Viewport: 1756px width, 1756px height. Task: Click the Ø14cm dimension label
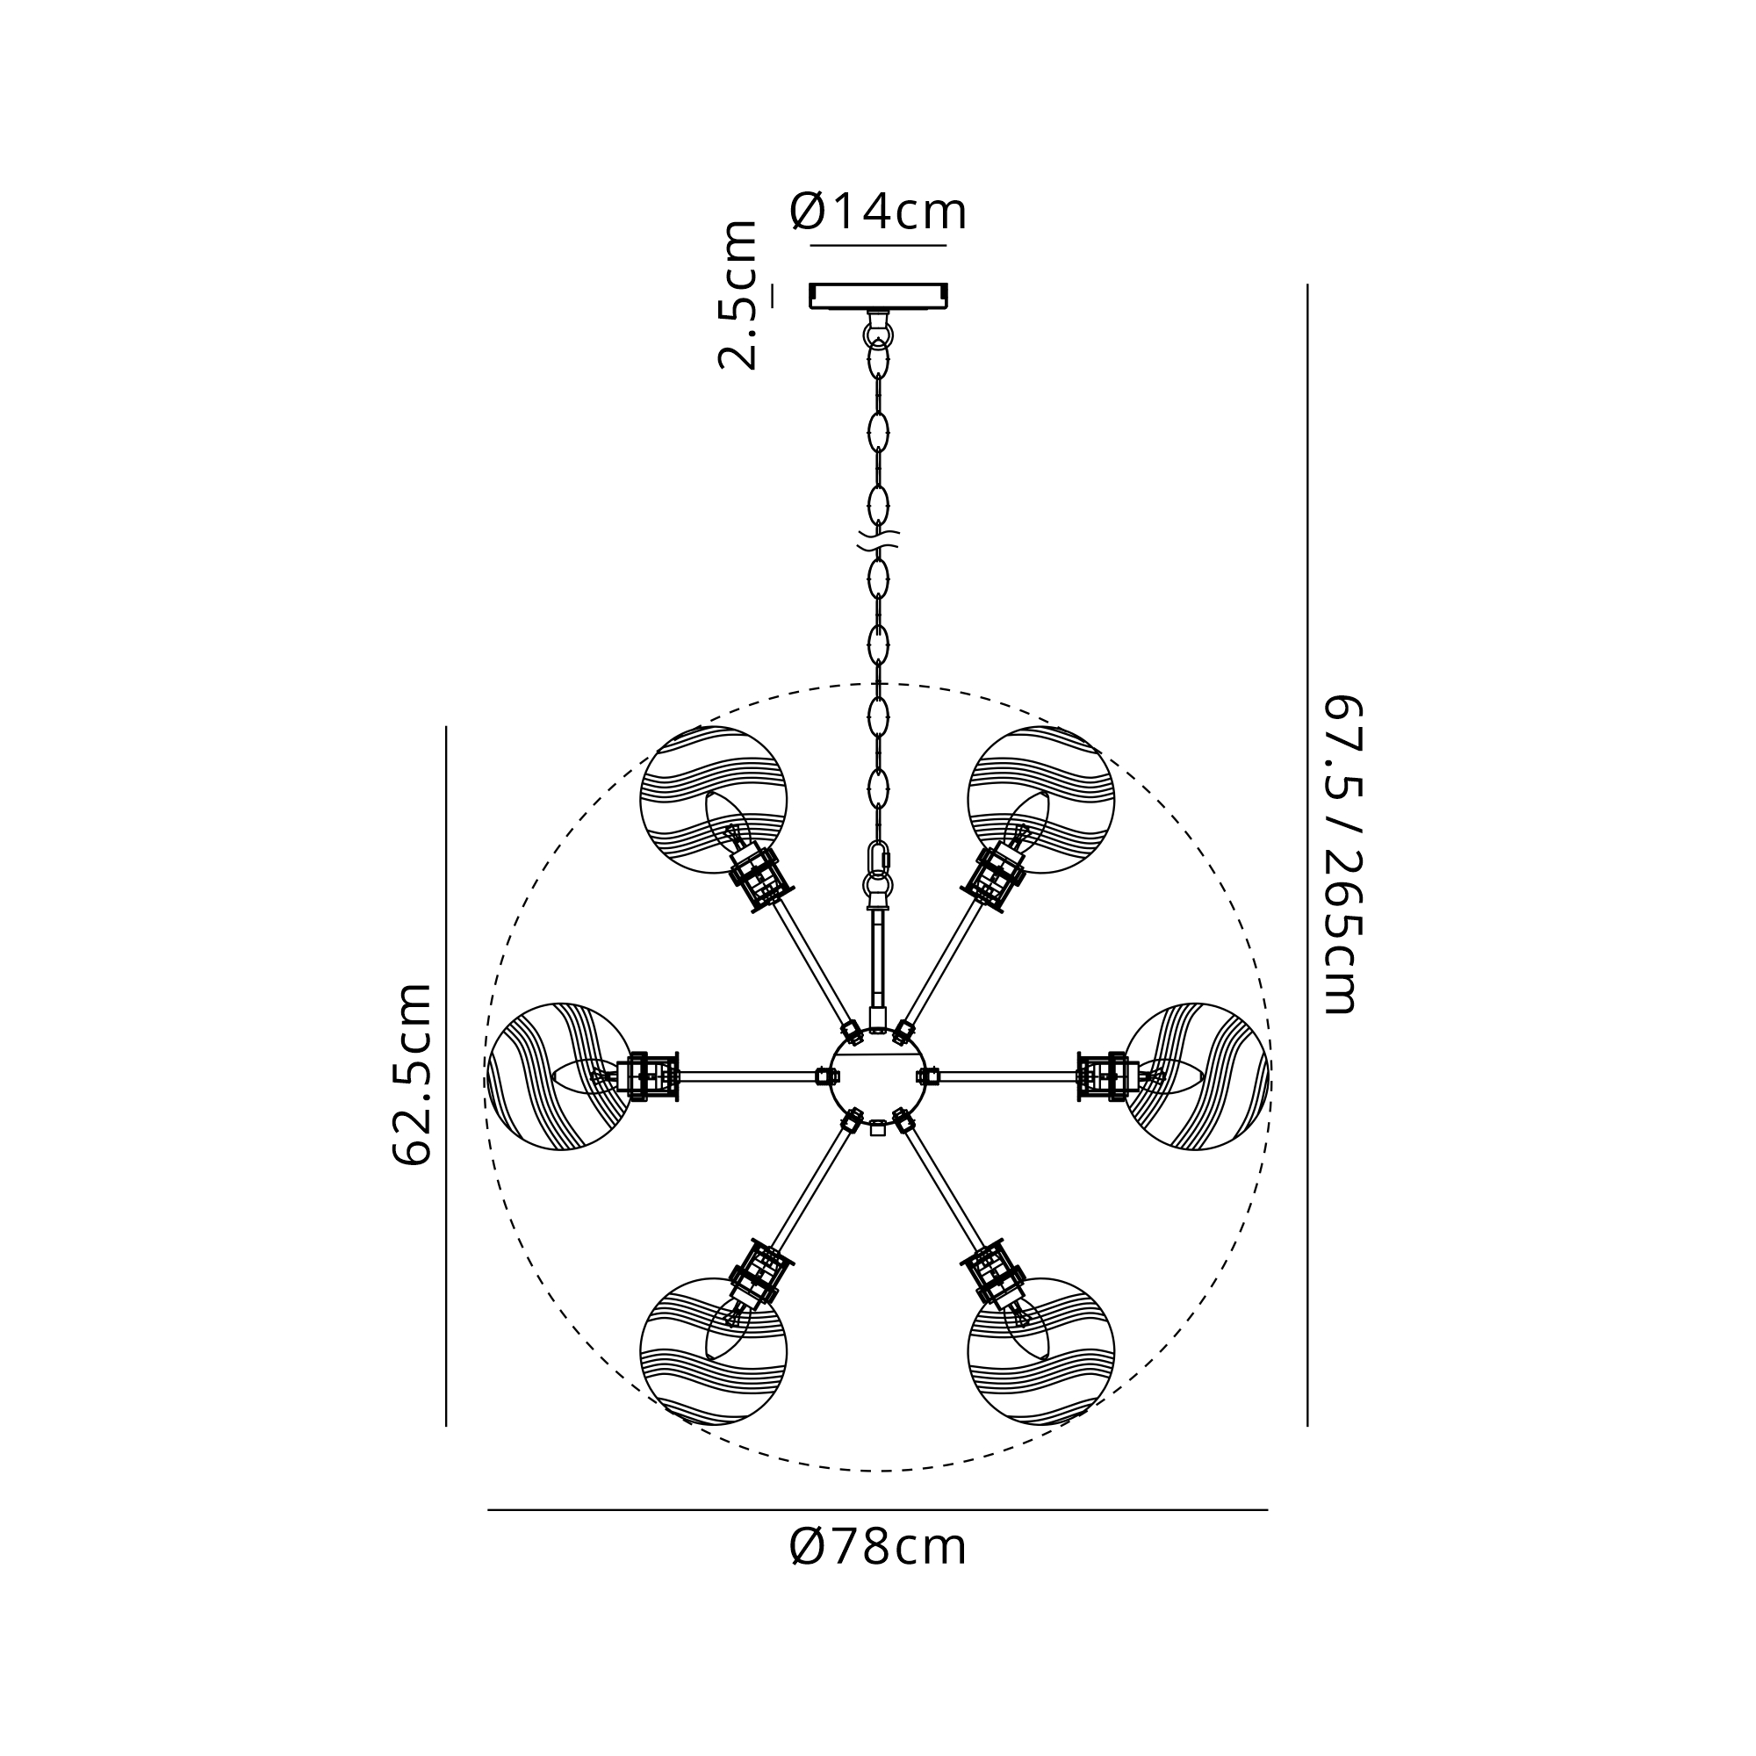[878, 211]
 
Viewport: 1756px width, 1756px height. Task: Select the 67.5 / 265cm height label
[1341, 854]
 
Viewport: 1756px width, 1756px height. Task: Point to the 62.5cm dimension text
[411, 1074]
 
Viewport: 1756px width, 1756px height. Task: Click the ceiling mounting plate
[878, 296]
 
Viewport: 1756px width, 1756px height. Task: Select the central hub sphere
[878, 1076]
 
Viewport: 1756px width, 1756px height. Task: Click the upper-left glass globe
[714, 800]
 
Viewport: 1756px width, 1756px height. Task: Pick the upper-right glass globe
[1041, 800]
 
